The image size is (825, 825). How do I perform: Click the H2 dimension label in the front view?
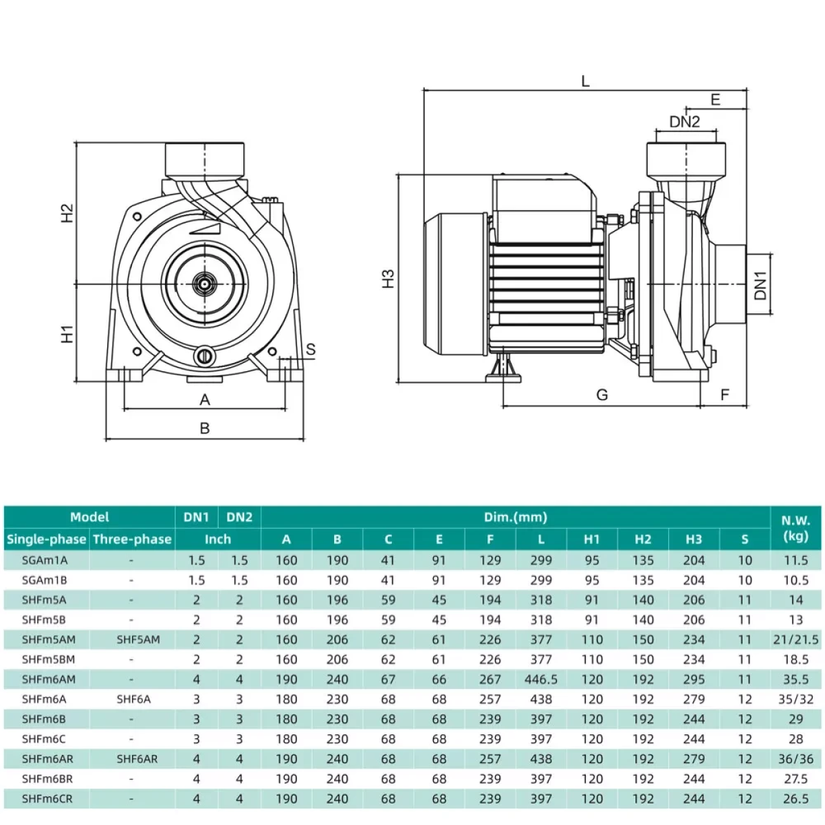[67, 212]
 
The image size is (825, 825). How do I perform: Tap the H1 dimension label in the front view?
[67, 334]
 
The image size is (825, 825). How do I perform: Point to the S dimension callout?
[311, 349]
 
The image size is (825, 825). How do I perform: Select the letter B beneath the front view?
[205, 428]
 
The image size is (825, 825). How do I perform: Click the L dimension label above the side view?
[585, 81]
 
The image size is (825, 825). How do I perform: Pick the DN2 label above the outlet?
[685, 122]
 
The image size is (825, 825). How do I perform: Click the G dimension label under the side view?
[602, 395]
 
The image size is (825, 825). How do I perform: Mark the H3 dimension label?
[388, 278]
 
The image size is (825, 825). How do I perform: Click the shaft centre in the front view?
[205, 284]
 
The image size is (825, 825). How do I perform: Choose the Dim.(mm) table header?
[516, 517]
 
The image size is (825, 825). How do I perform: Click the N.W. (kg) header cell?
[796, 528]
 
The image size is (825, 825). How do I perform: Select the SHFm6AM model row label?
[48, 679]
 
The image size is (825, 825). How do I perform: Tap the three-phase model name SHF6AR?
[137, 759]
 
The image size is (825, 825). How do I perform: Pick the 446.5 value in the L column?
[541, 679]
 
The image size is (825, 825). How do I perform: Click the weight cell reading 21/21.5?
[796, 639]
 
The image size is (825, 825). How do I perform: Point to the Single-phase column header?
[47, 539]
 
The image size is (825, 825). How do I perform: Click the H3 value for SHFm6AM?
[694, 679]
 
